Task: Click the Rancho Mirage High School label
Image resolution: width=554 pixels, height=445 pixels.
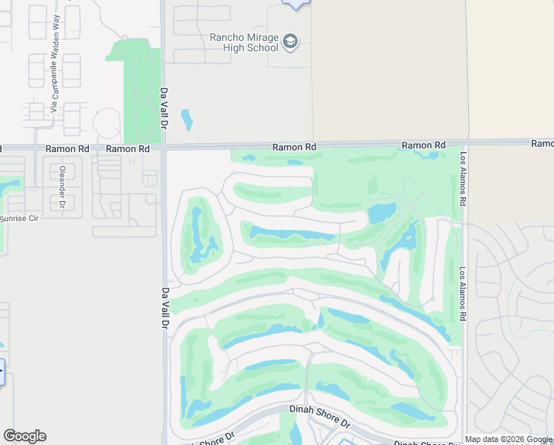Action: click(243, 42)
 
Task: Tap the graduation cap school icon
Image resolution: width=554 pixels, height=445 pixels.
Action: click(290, 41)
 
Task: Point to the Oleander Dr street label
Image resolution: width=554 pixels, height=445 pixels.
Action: click(62, 191)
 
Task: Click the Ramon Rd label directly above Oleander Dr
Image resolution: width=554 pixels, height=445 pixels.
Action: click(67, 148)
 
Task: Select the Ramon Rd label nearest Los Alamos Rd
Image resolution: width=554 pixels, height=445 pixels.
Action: click(424, 145)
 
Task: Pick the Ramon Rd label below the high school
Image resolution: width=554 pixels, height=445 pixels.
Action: click(294, 147)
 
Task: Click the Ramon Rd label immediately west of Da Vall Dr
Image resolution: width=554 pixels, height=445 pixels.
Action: click(127, 148)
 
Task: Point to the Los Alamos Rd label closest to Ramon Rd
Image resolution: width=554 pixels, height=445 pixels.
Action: click(463, 179)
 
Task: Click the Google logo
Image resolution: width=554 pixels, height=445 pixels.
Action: click(24, 436)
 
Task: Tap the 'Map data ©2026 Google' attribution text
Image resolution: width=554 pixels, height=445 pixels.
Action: click(508, 439)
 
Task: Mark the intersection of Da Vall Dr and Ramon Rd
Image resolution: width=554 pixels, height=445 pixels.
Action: click(164, 148)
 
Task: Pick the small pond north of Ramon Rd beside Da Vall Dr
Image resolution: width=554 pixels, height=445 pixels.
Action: click(187, 119)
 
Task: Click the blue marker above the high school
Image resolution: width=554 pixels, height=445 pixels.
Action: click(296, 4)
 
